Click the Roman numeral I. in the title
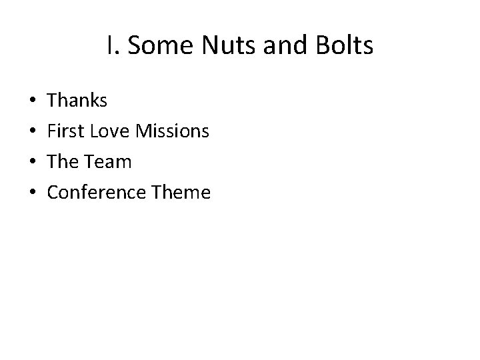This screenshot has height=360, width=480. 111,46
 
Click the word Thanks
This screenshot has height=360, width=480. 77,101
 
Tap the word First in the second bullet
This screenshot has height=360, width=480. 64,131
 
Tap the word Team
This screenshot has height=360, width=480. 107,162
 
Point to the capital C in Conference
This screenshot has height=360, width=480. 54,193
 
